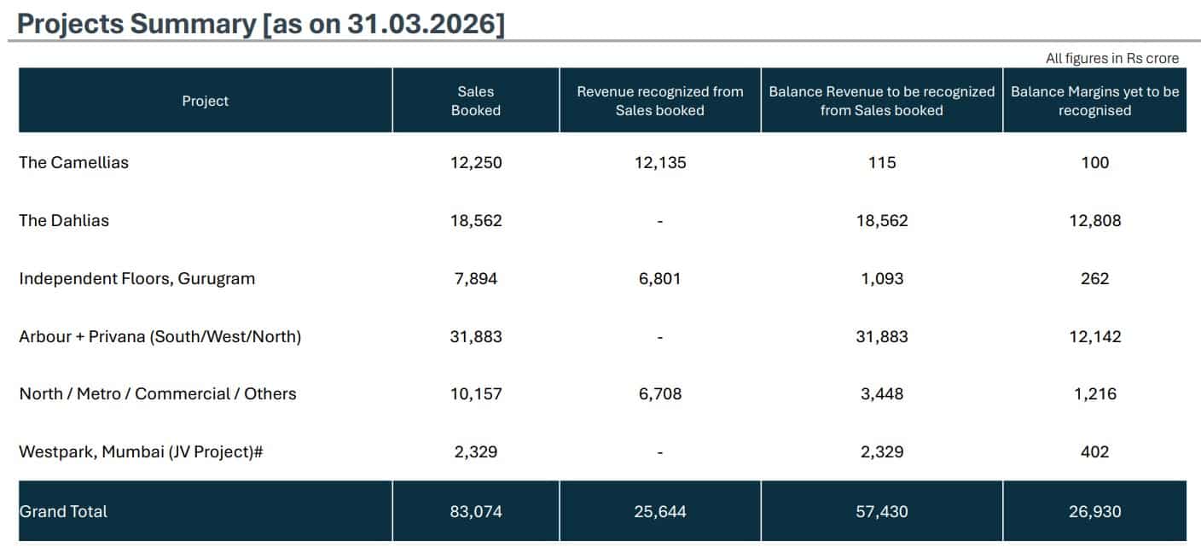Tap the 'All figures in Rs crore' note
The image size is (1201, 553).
click(x=1112, y=58)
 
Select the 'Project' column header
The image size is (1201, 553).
click(x=206, y=101)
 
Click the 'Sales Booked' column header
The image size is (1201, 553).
click(x=476, y=101)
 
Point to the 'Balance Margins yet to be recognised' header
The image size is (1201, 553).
click(x=1095, y=101)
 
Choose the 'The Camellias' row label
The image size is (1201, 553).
click(x=74, y=162)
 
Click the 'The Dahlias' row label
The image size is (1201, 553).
click(x=64, y=220)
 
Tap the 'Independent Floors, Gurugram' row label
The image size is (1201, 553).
click(x=136, y=279)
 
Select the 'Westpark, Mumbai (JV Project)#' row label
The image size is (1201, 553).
click(x=141, y=451)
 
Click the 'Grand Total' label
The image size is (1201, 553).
click(x=63, y=511)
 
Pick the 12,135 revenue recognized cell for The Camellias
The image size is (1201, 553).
click(x=660, y=162)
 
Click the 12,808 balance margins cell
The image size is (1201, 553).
click(x=1095, y=220)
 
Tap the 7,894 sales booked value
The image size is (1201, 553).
click(x=476, y=279)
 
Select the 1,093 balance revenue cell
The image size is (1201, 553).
click(x=882, y=279)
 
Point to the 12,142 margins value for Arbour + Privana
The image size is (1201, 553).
click(x=1095, y=336)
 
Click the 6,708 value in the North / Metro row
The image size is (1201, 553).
click(x=660, y=393)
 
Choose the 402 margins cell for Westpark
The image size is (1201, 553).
click(x=1095, y=451)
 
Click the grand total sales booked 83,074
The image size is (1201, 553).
click(x=476, y=511)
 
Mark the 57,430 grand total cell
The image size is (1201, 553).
click(x=882, y=511)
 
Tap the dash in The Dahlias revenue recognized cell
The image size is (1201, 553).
click(x=660, y=221)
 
